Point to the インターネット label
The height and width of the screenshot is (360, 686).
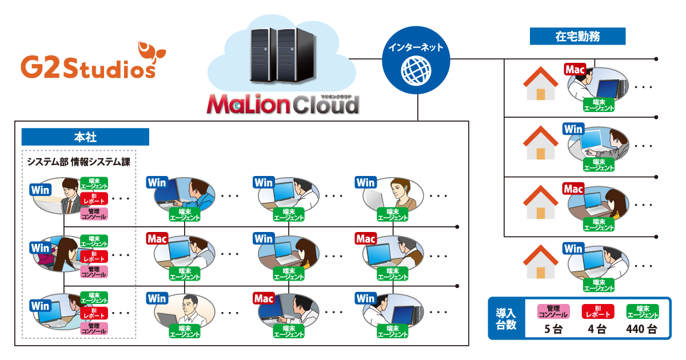pyautogui.click(x=416, y=48)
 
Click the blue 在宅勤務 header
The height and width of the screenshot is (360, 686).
pyautogui.click(x=577, y=37)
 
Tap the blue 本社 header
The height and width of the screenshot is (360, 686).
pyautogui.click(x=85, y=137)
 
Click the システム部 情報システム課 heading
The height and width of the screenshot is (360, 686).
pyautogui.click(x=79, y=162)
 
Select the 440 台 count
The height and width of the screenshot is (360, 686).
pyautogui.click(x=643, y=330)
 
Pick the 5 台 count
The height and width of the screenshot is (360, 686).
pyautogui.click(x=553, y=330)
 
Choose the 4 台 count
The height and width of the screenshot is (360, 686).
pyautogui.click(x=597, y=330)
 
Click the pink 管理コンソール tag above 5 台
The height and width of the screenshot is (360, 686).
pyautogui.click(x=553, y=311)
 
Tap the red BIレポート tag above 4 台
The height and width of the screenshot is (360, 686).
pyautogui.click(x=597, y=311)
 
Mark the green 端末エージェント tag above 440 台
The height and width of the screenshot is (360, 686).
pyautogui.click(x=643, y=311)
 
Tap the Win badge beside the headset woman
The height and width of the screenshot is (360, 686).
pyautogui.click(x=365, y=183)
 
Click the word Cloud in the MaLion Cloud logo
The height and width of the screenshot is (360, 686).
pyautogui.click(x=326, y=105)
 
